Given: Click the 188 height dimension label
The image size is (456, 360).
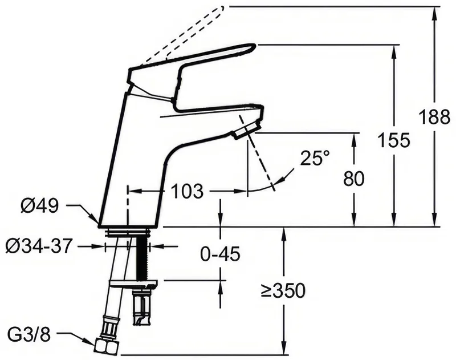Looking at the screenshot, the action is coord(434,118).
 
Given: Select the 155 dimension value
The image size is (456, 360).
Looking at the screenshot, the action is coord(394,140).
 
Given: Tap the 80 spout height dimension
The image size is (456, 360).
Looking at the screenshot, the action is coord(353,179).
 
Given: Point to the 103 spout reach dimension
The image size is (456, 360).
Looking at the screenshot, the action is coord(187,191).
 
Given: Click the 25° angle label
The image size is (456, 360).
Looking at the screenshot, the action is coord(315,157).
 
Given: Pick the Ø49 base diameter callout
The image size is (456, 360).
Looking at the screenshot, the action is coord(39,206).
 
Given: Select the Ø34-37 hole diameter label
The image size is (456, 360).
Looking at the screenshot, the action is coord(38,246).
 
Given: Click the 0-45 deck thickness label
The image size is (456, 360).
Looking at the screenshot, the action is coord(221,254).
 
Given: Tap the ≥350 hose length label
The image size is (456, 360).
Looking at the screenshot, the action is coord(283,290).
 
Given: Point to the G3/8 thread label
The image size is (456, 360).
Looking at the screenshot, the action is coord(29,335).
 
